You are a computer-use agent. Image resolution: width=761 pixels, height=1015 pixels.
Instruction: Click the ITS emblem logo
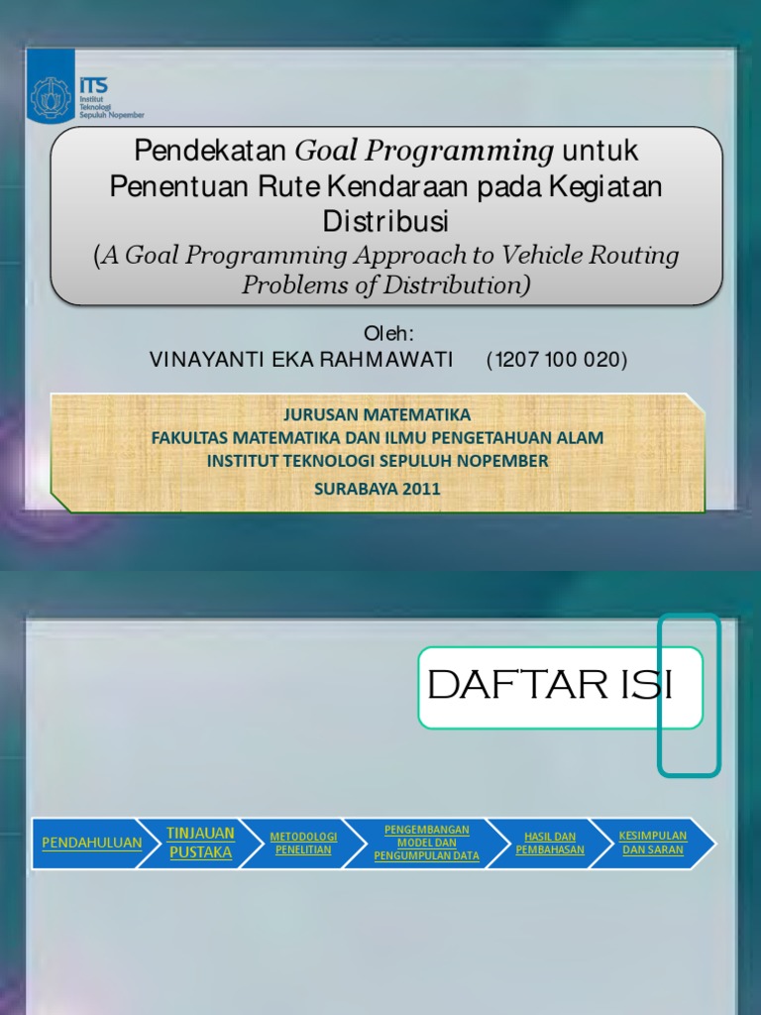click(x=51, y=98)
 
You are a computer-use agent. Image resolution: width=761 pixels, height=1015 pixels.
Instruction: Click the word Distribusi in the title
click(x=385, y=221)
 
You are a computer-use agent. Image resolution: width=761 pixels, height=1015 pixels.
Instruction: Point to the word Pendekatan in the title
click(x=210, y=151)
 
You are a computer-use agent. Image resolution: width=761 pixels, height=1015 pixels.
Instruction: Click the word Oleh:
click(x=388, y=333)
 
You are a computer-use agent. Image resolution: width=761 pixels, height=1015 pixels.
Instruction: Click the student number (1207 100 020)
click(x=557, y=359)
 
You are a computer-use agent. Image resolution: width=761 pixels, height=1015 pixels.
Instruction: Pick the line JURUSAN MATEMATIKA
click(x=378, y=414)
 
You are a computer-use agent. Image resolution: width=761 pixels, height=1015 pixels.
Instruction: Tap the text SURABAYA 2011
click(x=378, y=489)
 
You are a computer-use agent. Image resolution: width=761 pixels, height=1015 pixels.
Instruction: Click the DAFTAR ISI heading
click(x=550, y=685)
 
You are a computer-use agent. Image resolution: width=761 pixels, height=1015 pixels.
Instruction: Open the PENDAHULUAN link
click(x=92, y=843)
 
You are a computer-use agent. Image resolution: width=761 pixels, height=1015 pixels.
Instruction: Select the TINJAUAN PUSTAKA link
click(x=200, y=843)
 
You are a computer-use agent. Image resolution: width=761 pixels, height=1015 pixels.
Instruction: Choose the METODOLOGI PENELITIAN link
click(x=303, y=844)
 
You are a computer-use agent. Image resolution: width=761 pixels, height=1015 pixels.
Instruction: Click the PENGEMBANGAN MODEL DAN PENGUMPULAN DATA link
click(x=426, y=843)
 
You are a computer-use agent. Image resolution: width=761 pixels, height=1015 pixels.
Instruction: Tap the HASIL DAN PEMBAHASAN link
click(x=550, y=844)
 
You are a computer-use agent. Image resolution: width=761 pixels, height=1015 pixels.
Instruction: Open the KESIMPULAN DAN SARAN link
click(x=653, y=843)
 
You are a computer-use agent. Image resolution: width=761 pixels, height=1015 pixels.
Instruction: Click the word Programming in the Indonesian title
click(x=460, y=152)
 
